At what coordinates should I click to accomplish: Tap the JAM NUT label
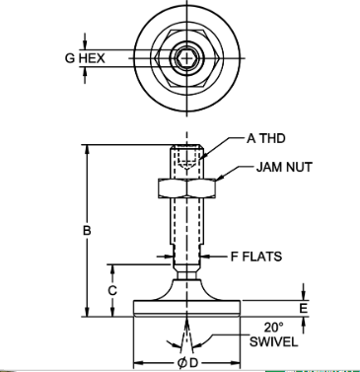click(x=283, y=168)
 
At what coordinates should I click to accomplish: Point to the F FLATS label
click(x=255, y=257)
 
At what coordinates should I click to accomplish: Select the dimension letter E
click(x=303, y=308)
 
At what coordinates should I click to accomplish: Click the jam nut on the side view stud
click(x=185, y=186)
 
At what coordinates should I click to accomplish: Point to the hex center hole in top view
click(x=185, y=58)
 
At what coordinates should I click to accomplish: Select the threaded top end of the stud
click(x=185, y=158)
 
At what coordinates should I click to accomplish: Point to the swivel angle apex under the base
click(x=185, y=321)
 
